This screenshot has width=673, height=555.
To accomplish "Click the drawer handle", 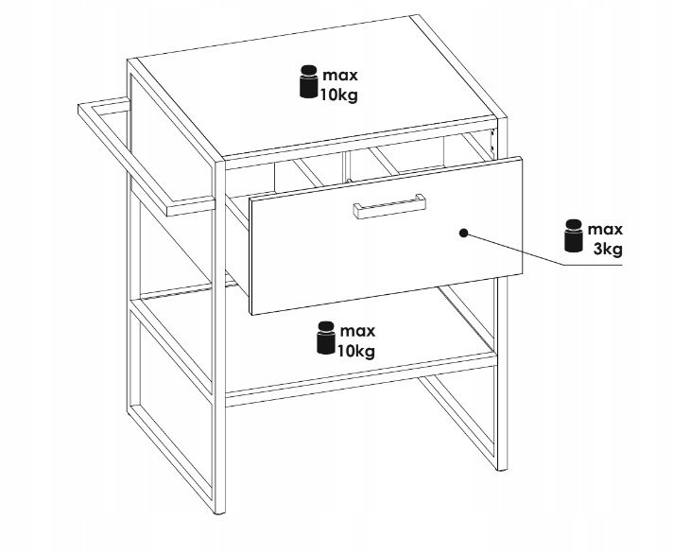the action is (x=389, y=206).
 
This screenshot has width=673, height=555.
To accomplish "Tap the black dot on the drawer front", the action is (x=463, y=234).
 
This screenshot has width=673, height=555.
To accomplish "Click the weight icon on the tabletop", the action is (x=308, y=82).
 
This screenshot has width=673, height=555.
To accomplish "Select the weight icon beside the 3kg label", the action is (x=574, y=235).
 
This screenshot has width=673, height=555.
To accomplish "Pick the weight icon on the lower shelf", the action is (x=326, y=338).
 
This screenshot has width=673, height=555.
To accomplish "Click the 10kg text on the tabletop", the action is (x=338, y=95).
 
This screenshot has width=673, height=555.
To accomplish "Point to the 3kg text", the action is (x=608, y=249).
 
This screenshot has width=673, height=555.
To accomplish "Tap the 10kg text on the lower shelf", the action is (x=355, y=351).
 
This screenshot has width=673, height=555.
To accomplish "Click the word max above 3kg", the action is (x=605, y=230).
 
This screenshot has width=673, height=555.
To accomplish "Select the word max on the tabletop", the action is (x=340, y=76).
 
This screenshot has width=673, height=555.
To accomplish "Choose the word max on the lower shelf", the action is (x=357, y=331).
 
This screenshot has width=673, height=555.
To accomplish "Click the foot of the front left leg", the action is (x=219, y=511).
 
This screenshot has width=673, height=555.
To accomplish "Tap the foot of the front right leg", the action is (x=501, y=469).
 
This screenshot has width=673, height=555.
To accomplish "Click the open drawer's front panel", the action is (x=386, y=235).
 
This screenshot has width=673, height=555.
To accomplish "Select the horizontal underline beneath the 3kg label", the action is (x=593, y=266).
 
